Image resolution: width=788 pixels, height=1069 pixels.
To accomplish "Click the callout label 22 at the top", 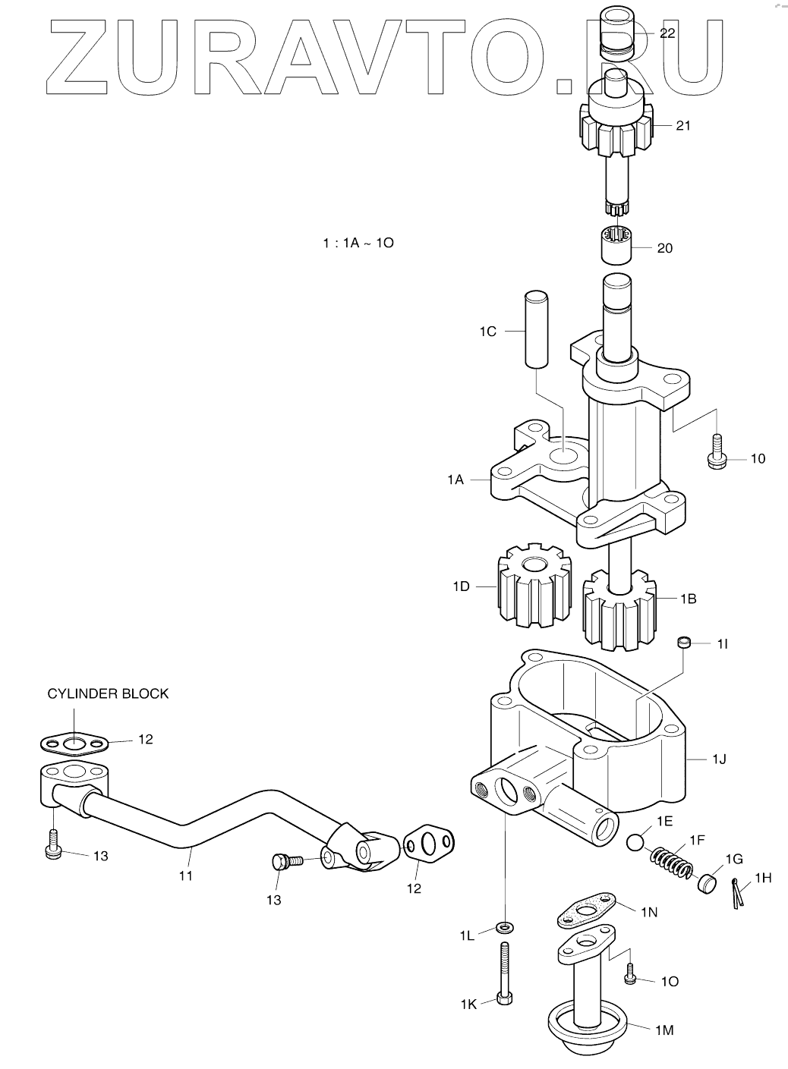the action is pyautogui.click(x=667, y=33).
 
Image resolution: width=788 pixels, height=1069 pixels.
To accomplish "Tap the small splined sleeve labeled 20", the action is pyautogui.click(x=616, y=245).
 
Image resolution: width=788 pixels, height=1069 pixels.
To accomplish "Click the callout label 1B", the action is pyautogui.click(x=689, y=599).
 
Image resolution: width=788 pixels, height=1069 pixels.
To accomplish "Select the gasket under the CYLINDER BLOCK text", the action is pyautogui.click(x=74, y=744).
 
